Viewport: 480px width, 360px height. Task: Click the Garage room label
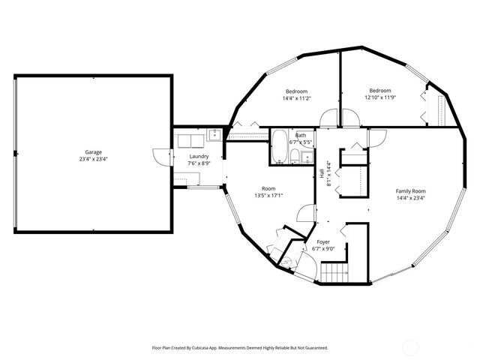[93, 152]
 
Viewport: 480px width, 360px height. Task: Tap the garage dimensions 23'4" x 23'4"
[93, 159]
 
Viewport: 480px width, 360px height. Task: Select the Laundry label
[199, 156]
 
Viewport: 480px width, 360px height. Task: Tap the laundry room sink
[214, 135]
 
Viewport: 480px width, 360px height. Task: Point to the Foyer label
[323, 242]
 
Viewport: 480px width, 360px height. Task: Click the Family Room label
[410, 191]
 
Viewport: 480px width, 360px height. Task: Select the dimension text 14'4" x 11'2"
[296, 98]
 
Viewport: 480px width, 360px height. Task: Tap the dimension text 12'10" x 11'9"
[379, 97]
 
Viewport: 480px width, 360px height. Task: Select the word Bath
[301, 135]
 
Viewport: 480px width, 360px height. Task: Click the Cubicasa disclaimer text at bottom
[240, 348]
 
